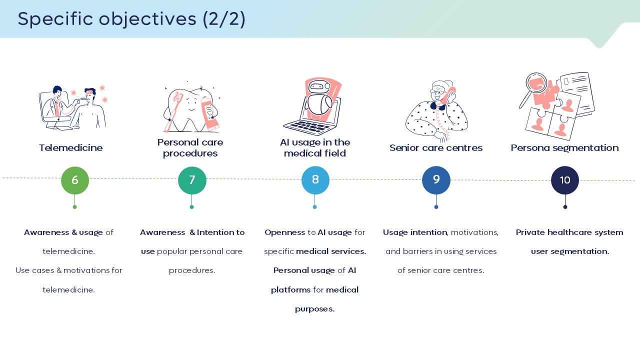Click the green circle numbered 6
(x=75, y=180)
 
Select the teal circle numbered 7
(x=192, y=180)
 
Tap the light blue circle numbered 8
(x=315, y=180)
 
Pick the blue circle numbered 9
(x=436, y=180)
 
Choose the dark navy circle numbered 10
(x=565, y=180)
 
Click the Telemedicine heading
(x=70, y=147)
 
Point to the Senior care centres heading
(x=435, y=147)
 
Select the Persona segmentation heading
(x=564, y=148)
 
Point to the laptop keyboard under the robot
(x=309, y=127)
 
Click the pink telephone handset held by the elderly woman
(x=449, y=94)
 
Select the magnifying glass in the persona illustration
(x=533, y=88)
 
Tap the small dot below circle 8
(x=315, y=207)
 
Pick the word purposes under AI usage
(x=314, y=309)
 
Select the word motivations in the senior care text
(x=474, y=232)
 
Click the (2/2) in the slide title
(x=224, y=19)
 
